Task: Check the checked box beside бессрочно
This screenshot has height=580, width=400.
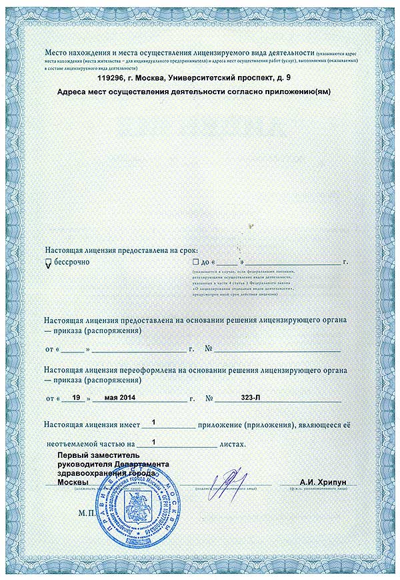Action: click(48, 263)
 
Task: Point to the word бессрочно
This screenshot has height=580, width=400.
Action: click(71, 262)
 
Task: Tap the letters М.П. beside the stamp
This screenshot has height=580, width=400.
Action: click(87, 515)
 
